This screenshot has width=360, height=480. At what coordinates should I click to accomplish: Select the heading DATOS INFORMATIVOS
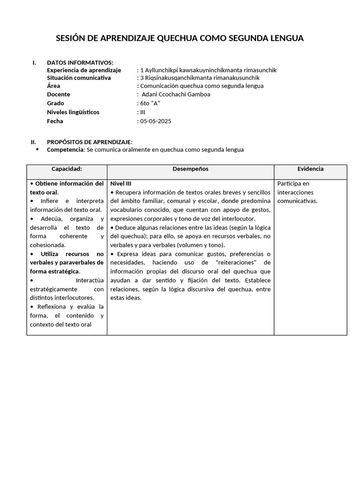click(80, 62)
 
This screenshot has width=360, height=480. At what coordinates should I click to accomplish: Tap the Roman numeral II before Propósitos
click(33, 142)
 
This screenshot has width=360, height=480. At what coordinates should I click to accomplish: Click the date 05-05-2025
click(156, 121)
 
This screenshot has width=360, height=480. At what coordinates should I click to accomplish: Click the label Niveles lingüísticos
click(73, 112)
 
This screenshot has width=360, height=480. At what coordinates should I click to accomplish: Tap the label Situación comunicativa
click(79, 78)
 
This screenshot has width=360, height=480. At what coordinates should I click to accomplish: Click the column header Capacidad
click(67, 169)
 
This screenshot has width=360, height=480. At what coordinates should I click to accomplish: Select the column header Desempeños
click(190, 169)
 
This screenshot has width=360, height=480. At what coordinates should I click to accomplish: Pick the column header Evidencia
click(310, 169)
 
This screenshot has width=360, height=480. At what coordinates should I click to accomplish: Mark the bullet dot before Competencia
click(37, 150)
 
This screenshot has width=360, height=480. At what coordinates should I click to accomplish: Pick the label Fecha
click(55, 121)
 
